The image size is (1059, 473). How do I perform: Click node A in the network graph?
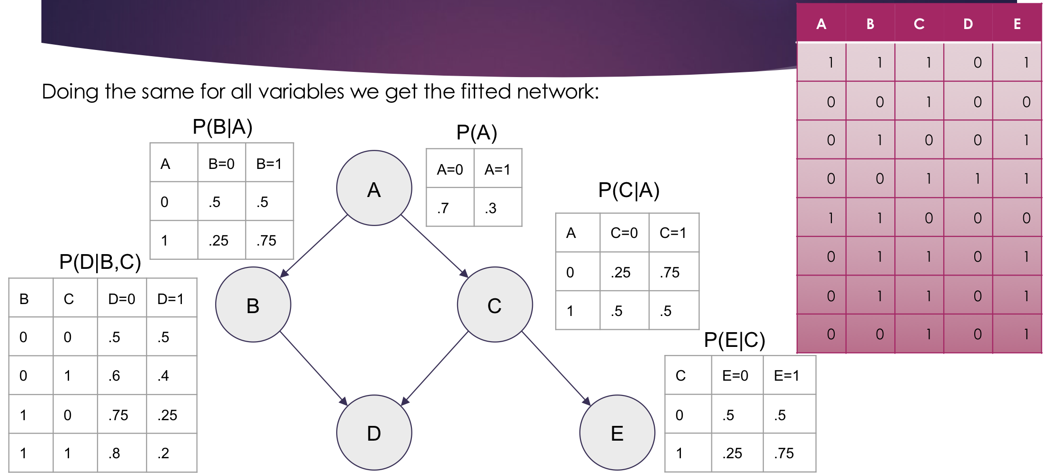point(374,188)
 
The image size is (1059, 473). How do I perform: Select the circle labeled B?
point(253,305)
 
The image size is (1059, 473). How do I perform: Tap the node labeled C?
point(495,305)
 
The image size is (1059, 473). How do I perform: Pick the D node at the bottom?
point(374,433)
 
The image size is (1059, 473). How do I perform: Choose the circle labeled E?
point(617,433)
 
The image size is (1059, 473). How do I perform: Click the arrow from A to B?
point(314,246)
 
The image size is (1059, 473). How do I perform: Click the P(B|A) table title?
point(222,127)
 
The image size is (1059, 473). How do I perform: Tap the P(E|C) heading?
point(734,340)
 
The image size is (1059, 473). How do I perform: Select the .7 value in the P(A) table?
point(443,208)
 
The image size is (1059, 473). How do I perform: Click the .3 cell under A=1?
point(490,208)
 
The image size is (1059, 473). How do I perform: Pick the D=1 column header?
point(170,299)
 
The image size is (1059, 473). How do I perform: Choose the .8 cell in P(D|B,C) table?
point(114,453)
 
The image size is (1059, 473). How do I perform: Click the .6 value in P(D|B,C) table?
point(114,376)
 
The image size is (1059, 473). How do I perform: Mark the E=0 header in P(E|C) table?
point(735,375)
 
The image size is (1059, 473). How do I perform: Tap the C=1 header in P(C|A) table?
point(673,233)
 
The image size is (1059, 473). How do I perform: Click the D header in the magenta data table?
point(968,24)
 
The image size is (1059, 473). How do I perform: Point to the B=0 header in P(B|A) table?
point(221,164)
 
